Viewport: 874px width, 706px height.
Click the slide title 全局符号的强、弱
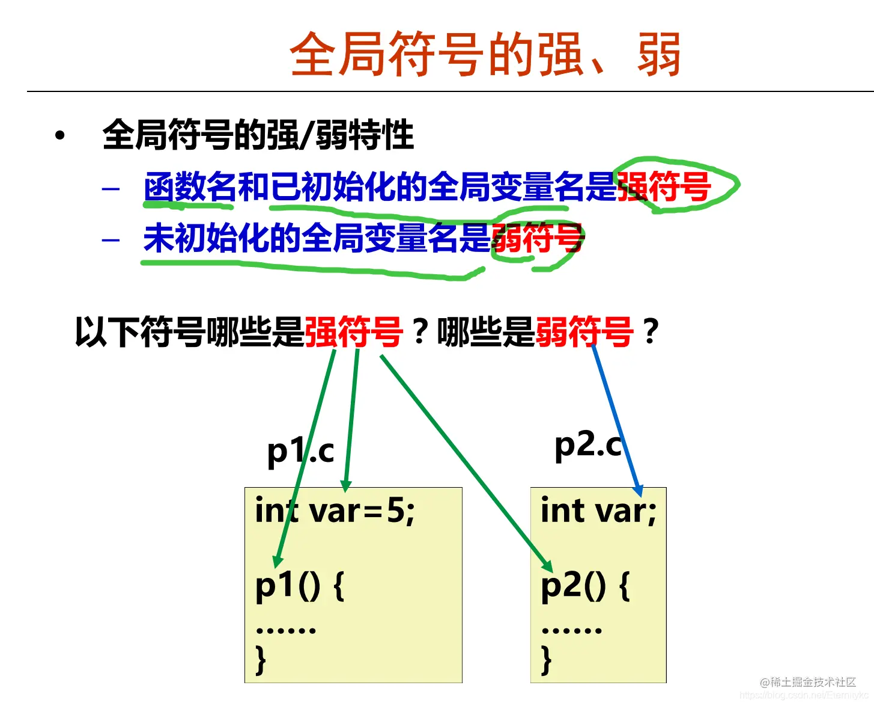point(485,55)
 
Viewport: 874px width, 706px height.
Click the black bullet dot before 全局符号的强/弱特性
point(59,135)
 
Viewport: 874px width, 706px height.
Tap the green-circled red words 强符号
point(664,186)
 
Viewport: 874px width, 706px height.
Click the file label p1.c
point(300,451)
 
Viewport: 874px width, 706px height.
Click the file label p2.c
point(588,446)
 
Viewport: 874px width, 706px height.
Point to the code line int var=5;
point(335,512)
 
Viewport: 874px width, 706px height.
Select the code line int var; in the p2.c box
point(598,512)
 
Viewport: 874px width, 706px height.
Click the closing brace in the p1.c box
point(261,660)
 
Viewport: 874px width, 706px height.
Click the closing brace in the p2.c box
point(546,660)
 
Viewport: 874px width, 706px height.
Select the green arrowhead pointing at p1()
point(277,562)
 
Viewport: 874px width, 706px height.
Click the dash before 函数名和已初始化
point(111,189)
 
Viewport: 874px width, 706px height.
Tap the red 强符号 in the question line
point(353,332)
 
